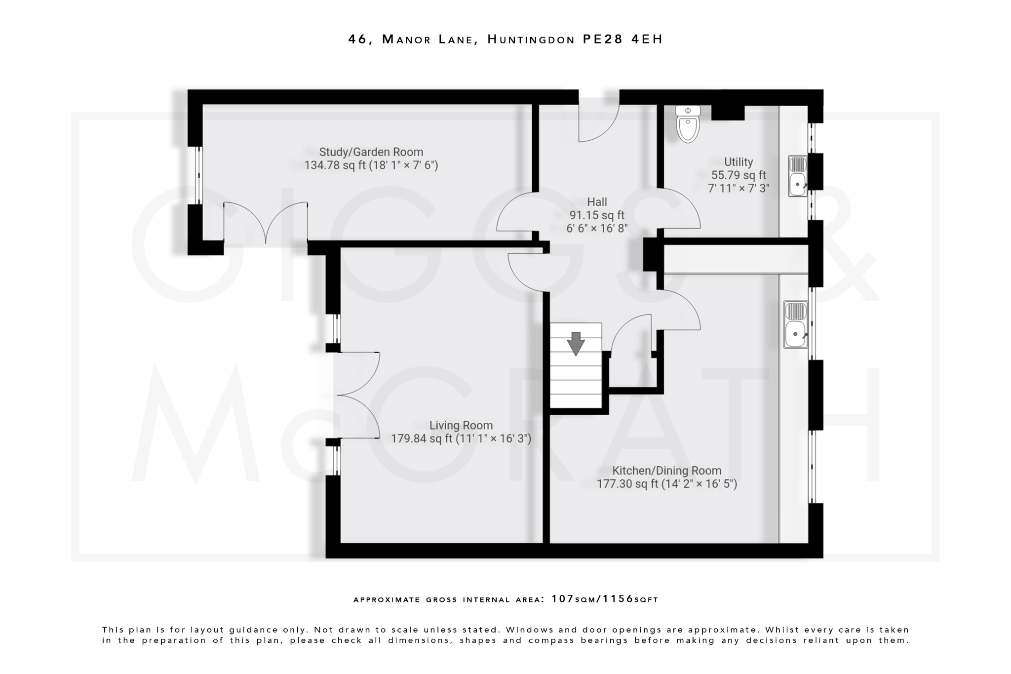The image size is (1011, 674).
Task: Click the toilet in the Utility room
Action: (x=688, y=124)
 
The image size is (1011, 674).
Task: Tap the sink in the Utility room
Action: (x=797, y=177)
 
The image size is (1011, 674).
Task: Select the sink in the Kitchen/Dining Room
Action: (x=796, y=325)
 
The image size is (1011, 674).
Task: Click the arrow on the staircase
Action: (x=576, y=344)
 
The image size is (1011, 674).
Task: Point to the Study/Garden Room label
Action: (x=371, y=152)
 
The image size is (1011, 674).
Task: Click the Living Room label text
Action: (x=461, y=425)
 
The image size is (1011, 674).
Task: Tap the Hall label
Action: (x=597, y=202)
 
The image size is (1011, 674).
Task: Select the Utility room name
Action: (x=738, y=162)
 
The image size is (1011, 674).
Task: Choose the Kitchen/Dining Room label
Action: (x=666, y=471)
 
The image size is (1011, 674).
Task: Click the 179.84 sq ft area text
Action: (x=421, y=438)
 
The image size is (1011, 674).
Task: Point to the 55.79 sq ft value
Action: (x=738, y=175)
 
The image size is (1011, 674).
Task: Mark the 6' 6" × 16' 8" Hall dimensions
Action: (x=597, y=228)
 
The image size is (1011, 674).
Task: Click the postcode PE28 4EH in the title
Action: (x=622, y=39)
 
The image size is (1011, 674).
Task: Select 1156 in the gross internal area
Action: (x=618, y=599)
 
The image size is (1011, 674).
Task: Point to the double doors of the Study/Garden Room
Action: (x=266, y=222)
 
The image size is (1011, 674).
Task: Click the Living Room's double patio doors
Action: (x=359, y=395)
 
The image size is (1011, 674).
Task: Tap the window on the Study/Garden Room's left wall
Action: (x=197, y=175)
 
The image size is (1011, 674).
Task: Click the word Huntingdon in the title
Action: (x=531, y=39)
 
